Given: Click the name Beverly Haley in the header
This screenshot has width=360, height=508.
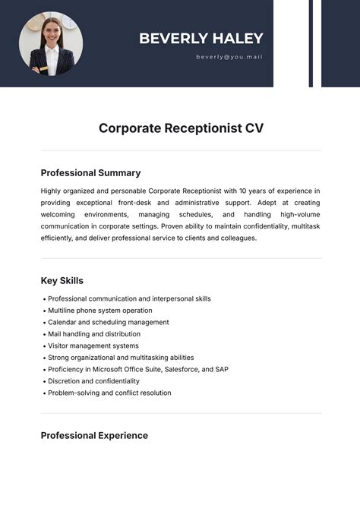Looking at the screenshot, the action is pos(201,39).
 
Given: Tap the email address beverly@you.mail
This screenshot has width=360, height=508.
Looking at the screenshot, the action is pos(229,57).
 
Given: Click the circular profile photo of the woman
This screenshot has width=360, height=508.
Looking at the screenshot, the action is pos(51,43).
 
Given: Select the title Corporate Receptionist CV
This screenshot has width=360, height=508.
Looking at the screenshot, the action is pos(181,128).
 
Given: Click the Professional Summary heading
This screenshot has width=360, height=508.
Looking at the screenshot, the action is pos(90,173).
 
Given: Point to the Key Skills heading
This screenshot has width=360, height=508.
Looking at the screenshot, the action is pos(62,281).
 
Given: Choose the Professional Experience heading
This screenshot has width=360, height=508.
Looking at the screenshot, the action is pos(94,436).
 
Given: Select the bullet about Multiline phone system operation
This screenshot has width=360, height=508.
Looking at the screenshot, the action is pos(99,311).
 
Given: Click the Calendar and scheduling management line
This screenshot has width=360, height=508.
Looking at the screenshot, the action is pos(108,323).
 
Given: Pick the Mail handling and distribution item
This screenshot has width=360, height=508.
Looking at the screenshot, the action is pos(93,334).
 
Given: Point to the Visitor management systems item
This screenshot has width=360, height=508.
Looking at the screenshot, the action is pos(93,346).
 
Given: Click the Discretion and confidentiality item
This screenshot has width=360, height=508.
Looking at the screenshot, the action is pos(93,381).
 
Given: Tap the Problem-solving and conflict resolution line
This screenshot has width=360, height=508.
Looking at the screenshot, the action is pos(109,393).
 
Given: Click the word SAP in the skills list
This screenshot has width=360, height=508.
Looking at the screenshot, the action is pos(221,370).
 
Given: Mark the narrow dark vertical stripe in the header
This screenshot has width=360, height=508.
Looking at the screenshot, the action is pos(311,43).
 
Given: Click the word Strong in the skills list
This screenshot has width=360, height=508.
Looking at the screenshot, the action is pos(58,358).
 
